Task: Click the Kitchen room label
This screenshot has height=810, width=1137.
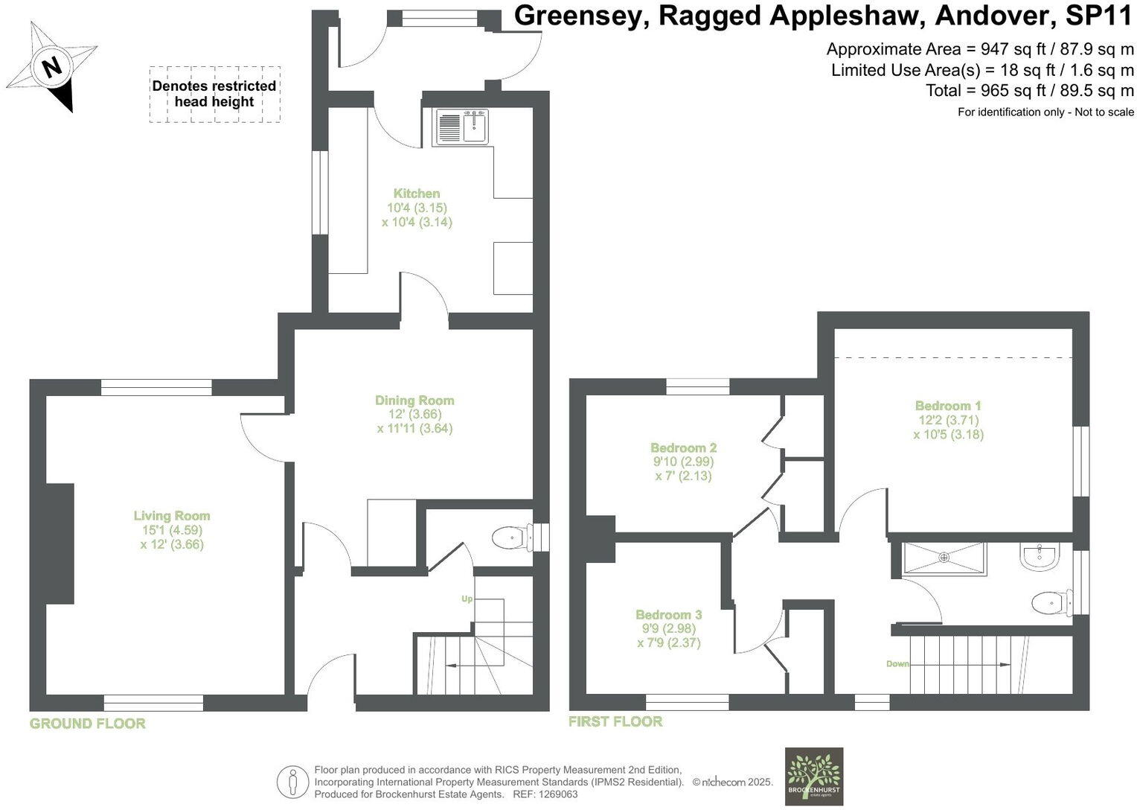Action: tap(417, 194)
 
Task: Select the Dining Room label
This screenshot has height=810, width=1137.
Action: tap(414, 401)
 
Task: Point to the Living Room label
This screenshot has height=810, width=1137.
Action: tap(172, 516)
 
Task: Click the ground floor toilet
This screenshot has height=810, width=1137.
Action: tap(510, 537)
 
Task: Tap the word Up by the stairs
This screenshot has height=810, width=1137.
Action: tap(467, 599)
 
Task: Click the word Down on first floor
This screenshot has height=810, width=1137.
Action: tap(898, 663)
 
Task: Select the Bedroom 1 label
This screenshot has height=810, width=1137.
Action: tap(948, 406)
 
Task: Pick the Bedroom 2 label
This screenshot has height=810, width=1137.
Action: tap(683, 448)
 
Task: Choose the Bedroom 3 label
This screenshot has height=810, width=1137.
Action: tap(668, 615)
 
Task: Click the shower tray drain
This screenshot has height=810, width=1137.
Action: tap(944, 557)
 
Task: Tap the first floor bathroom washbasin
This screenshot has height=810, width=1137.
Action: tap(1039, 556)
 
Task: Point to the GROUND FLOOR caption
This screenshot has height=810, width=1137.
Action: tap(88, 724)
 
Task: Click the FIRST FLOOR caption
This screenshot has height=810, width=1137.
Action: tap(615, 721)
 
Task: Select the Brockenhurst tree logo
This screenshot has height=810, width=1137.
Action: tap(814, 775)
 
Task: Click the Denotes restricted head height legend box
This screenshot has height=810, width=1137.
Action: tap(214, 94)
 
